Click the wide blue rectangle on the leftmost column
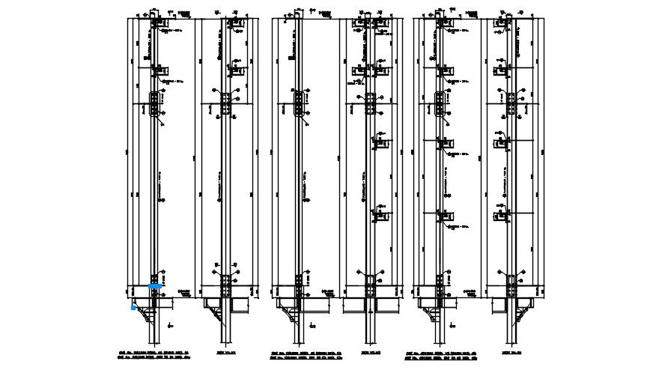coord(155,286)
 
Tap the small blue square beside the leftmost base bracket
coord(133,307)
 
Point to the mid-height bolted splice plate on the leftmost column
coord(154,104)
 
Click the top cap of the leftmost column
coord(154,15)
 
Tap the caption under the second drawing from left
coord(225,351)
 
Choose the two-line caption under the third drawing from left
coord(298,354)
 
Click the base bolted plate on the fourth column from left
coord(369,284)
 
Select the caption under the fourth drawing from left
coord(370,351)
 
